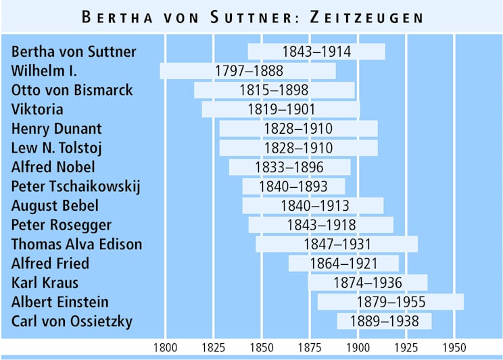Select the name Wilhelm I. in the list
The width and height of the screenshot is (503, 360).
click(45, 71)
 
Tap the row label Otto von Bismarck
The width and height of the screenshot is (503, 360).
click(72, 90)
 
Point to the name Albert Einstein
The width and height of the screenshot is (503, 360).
click(60, 302)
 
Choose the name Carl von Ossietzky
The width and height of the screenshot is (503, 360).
click(72, 321)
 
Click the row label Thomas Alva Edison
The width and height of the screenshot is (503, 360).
click(77, 244)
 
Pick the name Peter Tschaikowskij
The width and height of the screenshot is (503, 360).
click(76, 186)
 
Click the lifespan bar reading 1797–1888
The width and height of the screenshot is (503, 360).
click(248, 71)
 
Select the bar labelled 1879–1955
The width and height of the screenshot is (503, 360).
click(391, 302)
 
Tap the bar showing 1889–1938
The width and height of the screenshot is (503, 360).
click(384, 322)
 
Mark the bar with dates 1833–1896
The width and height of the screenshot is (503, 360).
click(289, 168)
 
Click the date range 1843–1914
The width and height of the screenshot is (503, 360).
click(316, 52)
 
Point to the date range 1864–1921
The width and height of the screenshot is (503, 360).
click(343, 263)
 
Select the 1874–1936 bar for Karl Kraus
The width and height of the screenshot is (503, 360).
click(368, 283)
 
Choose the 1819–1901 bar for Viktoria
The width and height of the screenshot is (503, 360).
click(281, 109)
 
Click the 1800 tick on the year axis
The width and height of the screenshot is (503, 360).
click(166, 348)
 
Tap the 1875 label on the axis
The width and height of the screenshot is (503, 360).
click(310, 348)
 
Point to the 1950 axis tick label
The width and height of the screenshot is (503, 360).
click(454, 348)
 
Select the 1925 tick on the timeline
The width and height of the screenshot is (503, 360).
click(406, 348)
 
